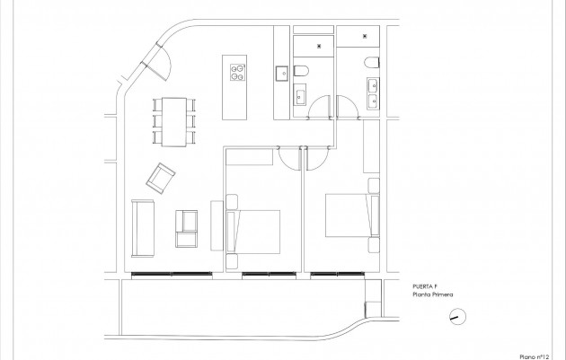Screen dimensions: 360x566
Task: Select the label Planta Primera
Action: point(433,294)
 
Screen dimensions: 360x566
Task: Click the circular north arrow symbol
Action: point(458,316)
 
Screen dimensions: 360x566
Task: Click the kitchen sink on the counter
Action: point(280,72)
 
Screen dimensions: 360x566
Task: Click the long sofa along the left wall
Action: point(142,226)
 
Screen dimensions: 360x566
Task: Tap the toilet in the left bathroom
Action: point(302,72)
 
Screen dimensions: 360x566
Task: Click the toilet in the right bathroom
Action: point(371,61)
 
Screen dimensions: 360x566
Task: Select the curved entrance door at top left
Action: point(160,63)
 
